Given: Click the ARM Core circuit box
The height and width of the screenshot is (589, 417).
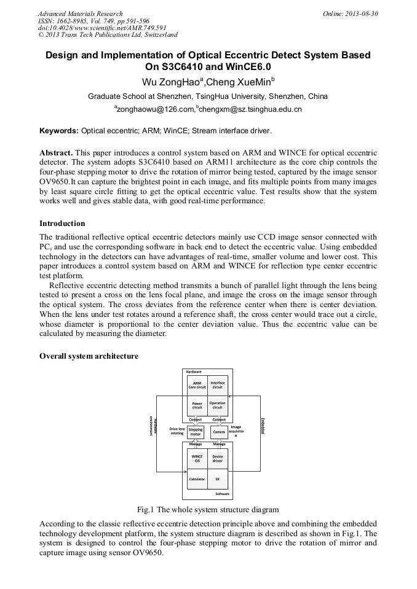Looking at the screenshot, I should pyautogui.click(x=197, y=386).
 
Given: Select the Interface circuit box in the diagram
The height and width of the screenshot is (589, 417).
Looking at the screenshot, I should pyautogui.click(x=218, y=386).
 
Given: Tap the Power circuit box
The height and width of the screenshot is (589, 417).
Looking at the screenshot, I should pyautogui.click(x=197, y=406).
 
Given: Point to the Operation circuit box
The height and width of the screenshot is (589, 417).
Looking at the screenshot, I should pyautogui.click(x=218, y=406).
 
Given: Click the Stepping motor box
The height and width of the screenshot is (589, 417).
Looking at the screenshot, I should pyautogui.click(x=196, y=432).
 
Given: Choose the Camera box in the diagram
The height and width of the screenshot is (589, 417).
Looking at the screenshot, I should pyautogui.click(x=219, y=432).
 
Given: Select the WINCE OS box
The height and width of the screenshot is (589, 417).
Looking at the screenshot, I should pyautogui.click(x=197, y=458).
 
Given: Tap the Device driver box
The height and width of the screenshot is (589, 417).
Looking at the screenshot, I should pyautogui.click(x=218, y=458).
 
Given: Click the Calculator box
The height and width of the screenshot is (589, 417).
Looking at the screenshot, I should pyautogui.click(x=197, y=478).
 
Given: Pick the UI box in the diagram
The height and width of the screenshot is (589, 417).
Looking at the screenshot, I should pyautogui.click(x=218, y=478).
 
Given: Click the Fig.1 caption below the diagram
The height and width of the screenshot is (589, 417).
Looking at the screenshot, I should pyautogui.click(x=208, y=510).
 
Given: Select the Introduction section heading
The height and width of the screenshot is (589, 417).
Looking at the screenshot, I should pyautogui.click(x=62, y=224).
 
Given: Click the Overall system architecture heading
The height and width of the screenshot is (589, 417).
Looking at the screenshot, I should pyautogui.click(x=89, y=356).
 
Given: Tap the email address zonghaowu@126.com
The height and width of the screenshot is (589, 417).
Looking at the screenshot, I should pyautogui.click(x=154, y=110).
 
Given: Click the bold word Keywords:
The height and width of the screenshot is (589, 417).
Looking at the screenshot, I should pyautogui.click(x=59, y=131).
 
